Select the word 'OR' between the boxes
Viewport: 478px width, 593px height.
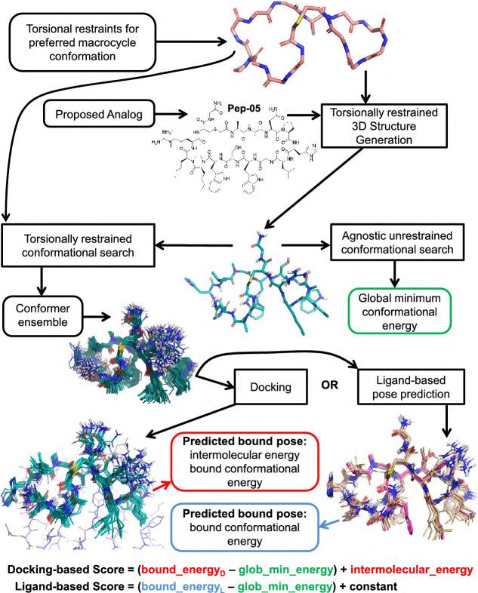(313, 392)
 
